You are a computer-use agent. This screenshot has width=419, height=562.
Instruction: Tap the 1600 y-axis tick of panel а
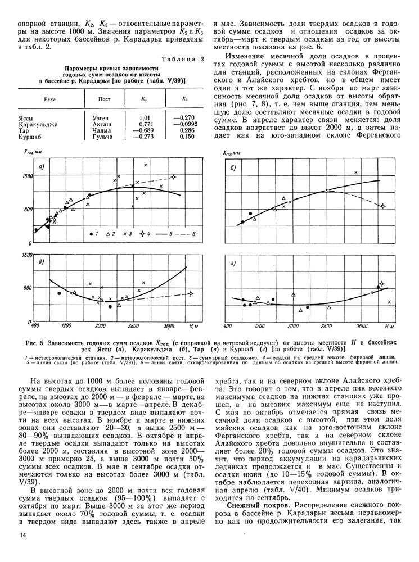click(25, 176)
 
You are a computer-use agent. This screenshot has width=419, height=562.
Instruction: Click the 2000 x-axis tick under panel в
click(101, 326)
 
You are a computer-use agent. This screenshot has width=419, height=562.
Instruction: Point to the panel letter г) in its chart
click(233, 263)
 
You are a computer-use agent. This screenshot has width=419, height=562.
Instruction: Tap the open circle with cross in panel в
click(191, 293)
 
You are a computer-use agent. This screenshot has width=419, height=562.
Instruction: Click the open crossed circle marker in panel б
click(383, 206)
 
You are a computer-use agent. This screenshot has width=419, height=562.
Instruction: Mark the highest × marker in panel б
click(355, 173)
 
